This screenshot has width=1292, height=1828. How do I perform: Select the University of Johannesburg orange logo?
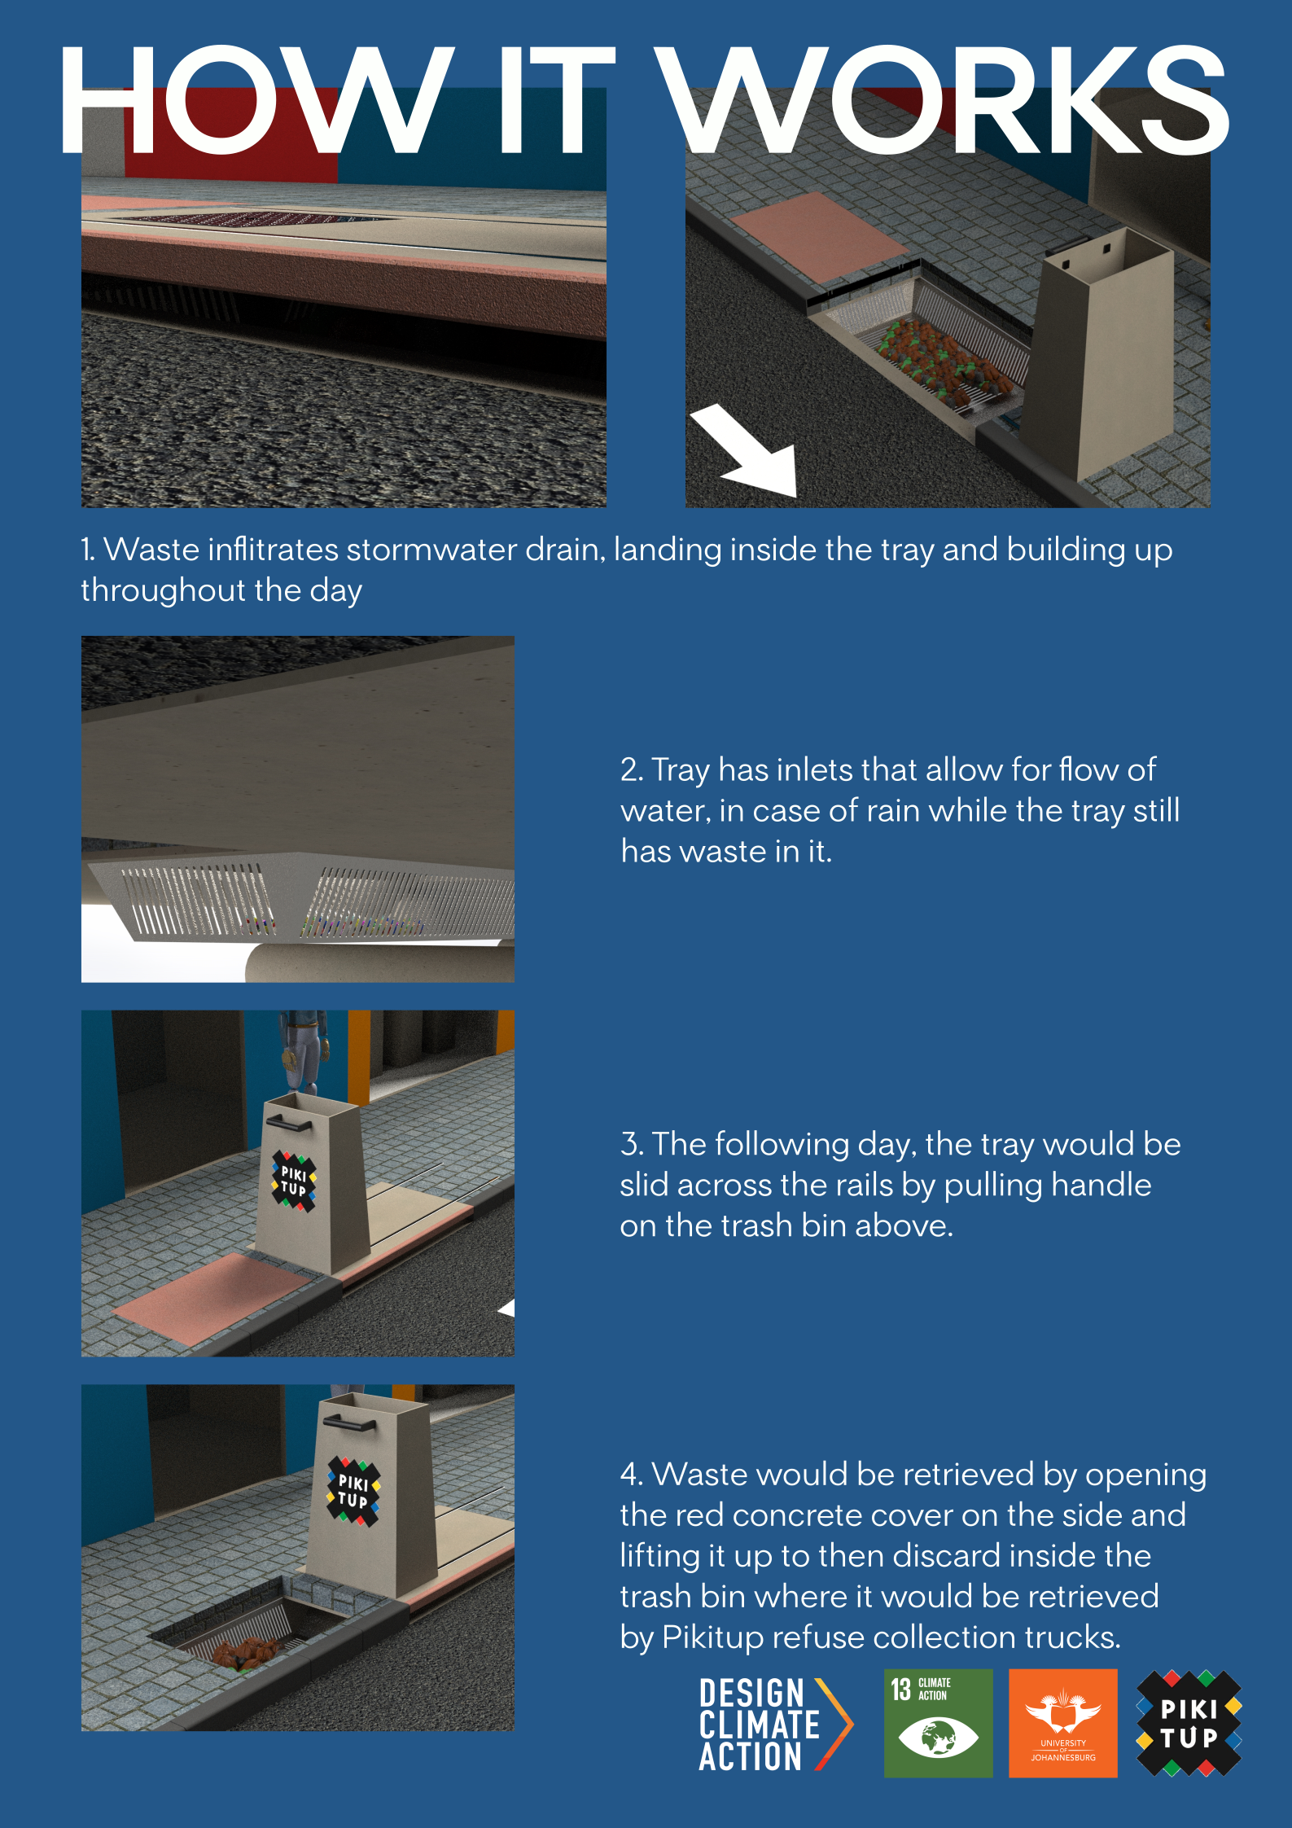click(x=1062, y=1723)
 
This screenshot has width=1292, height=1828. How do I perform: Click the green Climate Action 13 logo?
click(x=938, y=1723)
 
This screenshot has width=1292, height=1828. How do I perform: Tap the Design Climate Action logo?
click(x=776, y=1724)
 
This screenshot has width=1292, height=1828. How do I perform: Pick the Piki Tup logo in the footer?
click(x=1189, y=1723)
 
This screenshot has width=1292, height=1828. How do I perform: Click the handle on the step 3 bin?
click(x=288, y=1124)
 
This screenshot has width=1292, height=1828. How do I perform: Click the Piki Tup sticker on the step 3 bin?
click(x=294, y=1181)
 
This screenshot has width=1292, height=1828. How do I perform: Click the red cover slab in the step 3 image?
click(x=213, y=1299)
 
